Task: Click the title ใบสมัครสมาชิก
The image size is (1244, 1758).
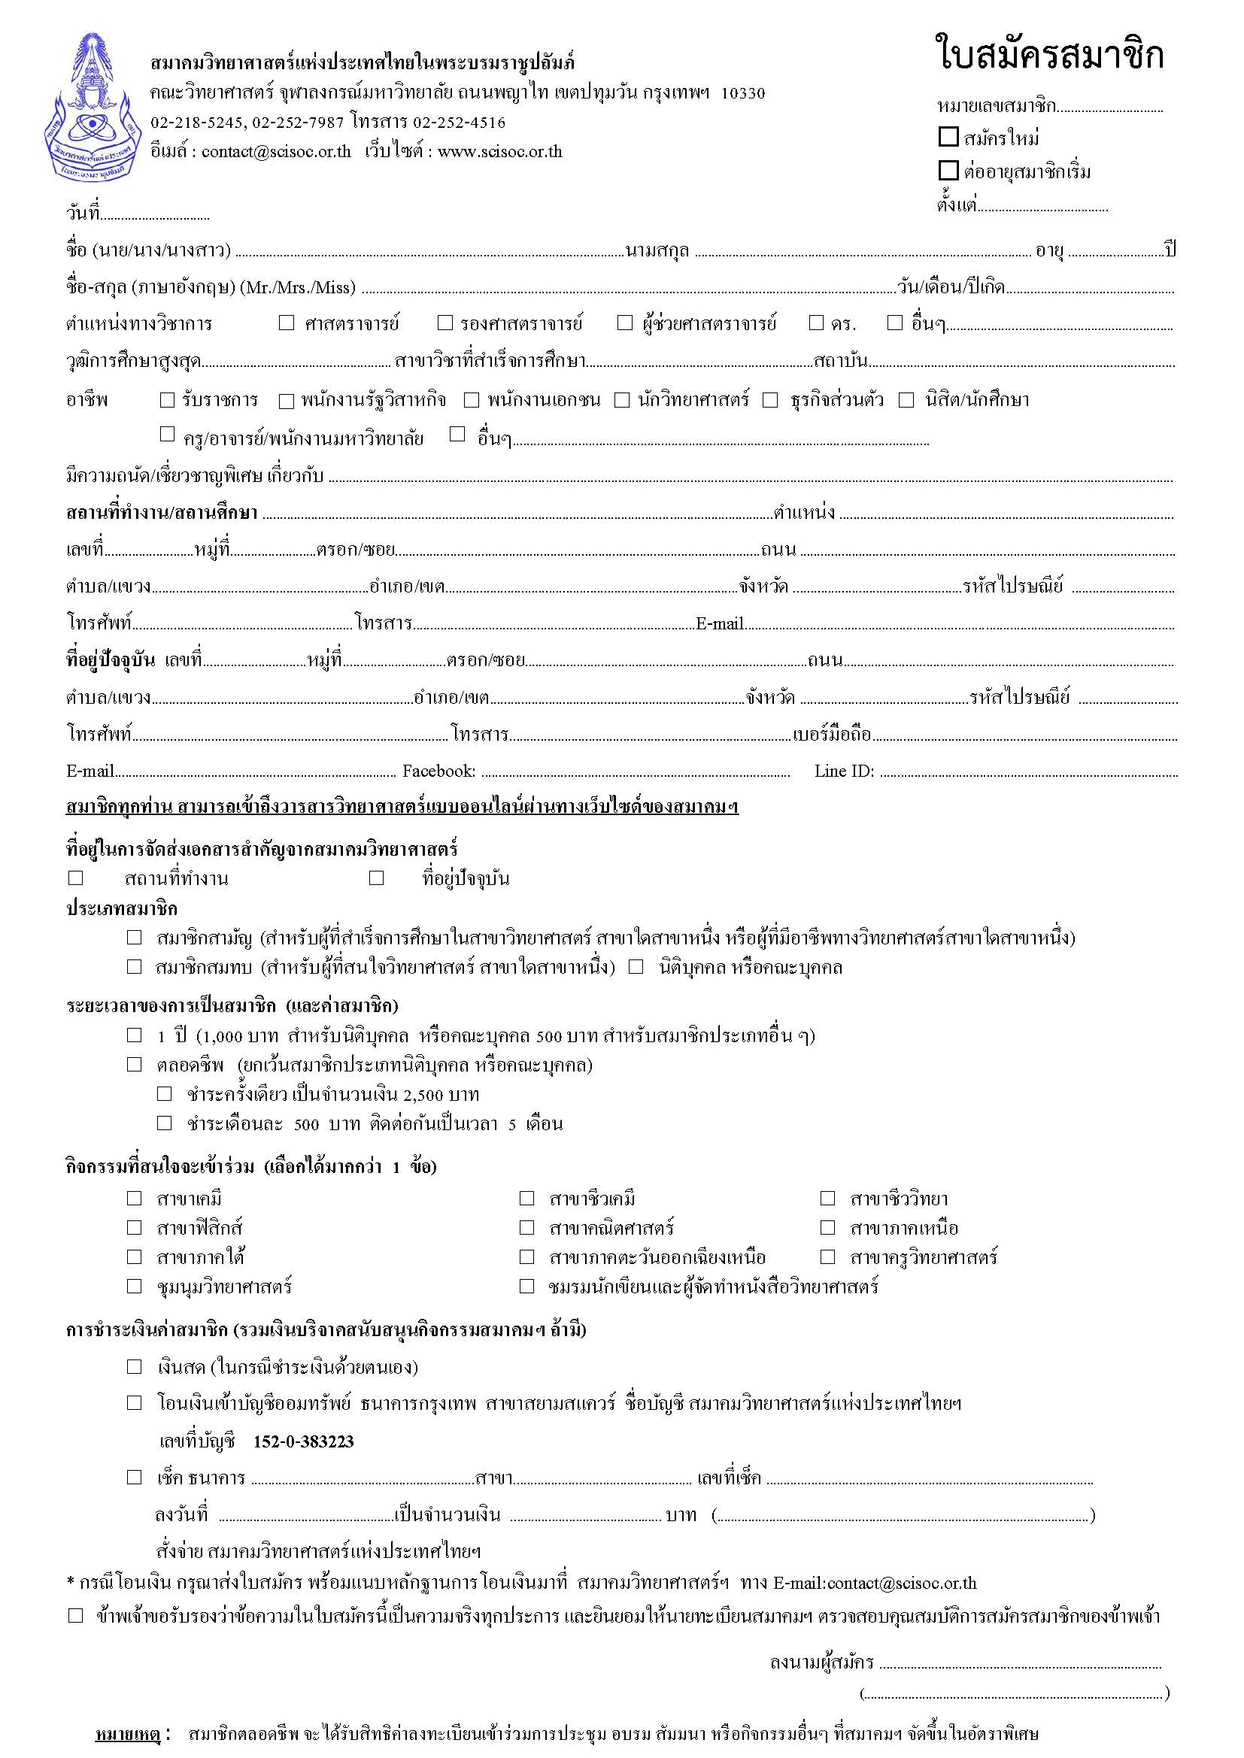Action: (x=1049, y=56)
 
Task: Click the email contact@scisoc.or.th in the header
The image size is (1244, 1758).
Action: (x=277, y=152)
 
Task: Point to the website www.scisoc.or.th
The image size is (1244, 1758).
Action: (x=500, y=152)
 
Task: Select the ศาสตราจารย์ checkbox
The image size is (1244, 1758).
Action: (x=287, y=323)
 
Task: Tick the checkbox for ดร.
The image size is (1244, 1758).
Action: (x=816, y=323)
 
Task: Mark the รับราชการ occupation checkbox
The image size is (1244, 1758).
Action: (x=167, y=400)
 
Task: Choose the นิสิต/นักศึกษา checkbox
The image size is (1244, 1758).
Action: (x=906, y=400)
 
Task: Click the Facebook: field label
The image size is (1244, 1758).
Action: (x=439, y=771)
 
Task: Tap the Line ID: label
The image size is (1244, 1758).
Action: (x=844, y=771)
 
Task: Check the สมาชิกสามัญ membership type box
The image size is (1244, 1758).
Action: (x=135, y=937)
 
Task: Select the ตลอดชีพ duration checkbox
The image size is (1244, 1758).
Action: (x=135, y=1064)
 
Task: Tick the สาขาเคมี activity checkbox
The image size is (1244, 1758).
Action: (x=135, y=1199)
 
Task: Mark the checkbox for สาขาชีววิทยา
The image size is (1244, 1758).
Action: (x=827, y=1199)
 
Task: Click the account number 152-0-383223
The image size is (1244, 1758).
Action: (x=303, y=1441)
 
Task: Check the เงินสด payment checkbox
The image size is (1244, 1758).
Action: (x=135, y=1367)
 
